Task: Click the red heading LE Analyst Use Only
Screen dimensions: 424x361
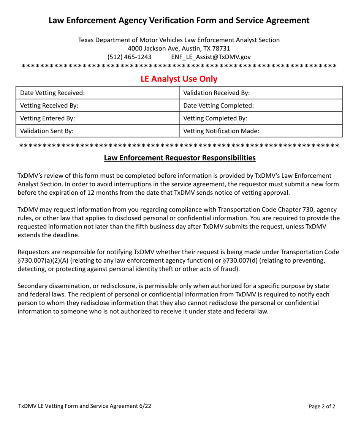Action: [x=179, y=79]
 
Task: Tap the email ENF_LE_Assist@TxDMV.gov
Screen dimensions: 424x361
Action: [x=211, y=57]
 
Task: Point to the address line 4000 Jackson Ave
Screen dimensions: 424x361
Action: [x=179, y=48]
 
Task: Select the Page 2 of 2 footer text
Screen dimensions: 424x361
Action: [x=322, y=406]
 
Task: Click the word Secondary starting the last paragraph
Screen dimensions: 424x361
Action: [x=32, y=286]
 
